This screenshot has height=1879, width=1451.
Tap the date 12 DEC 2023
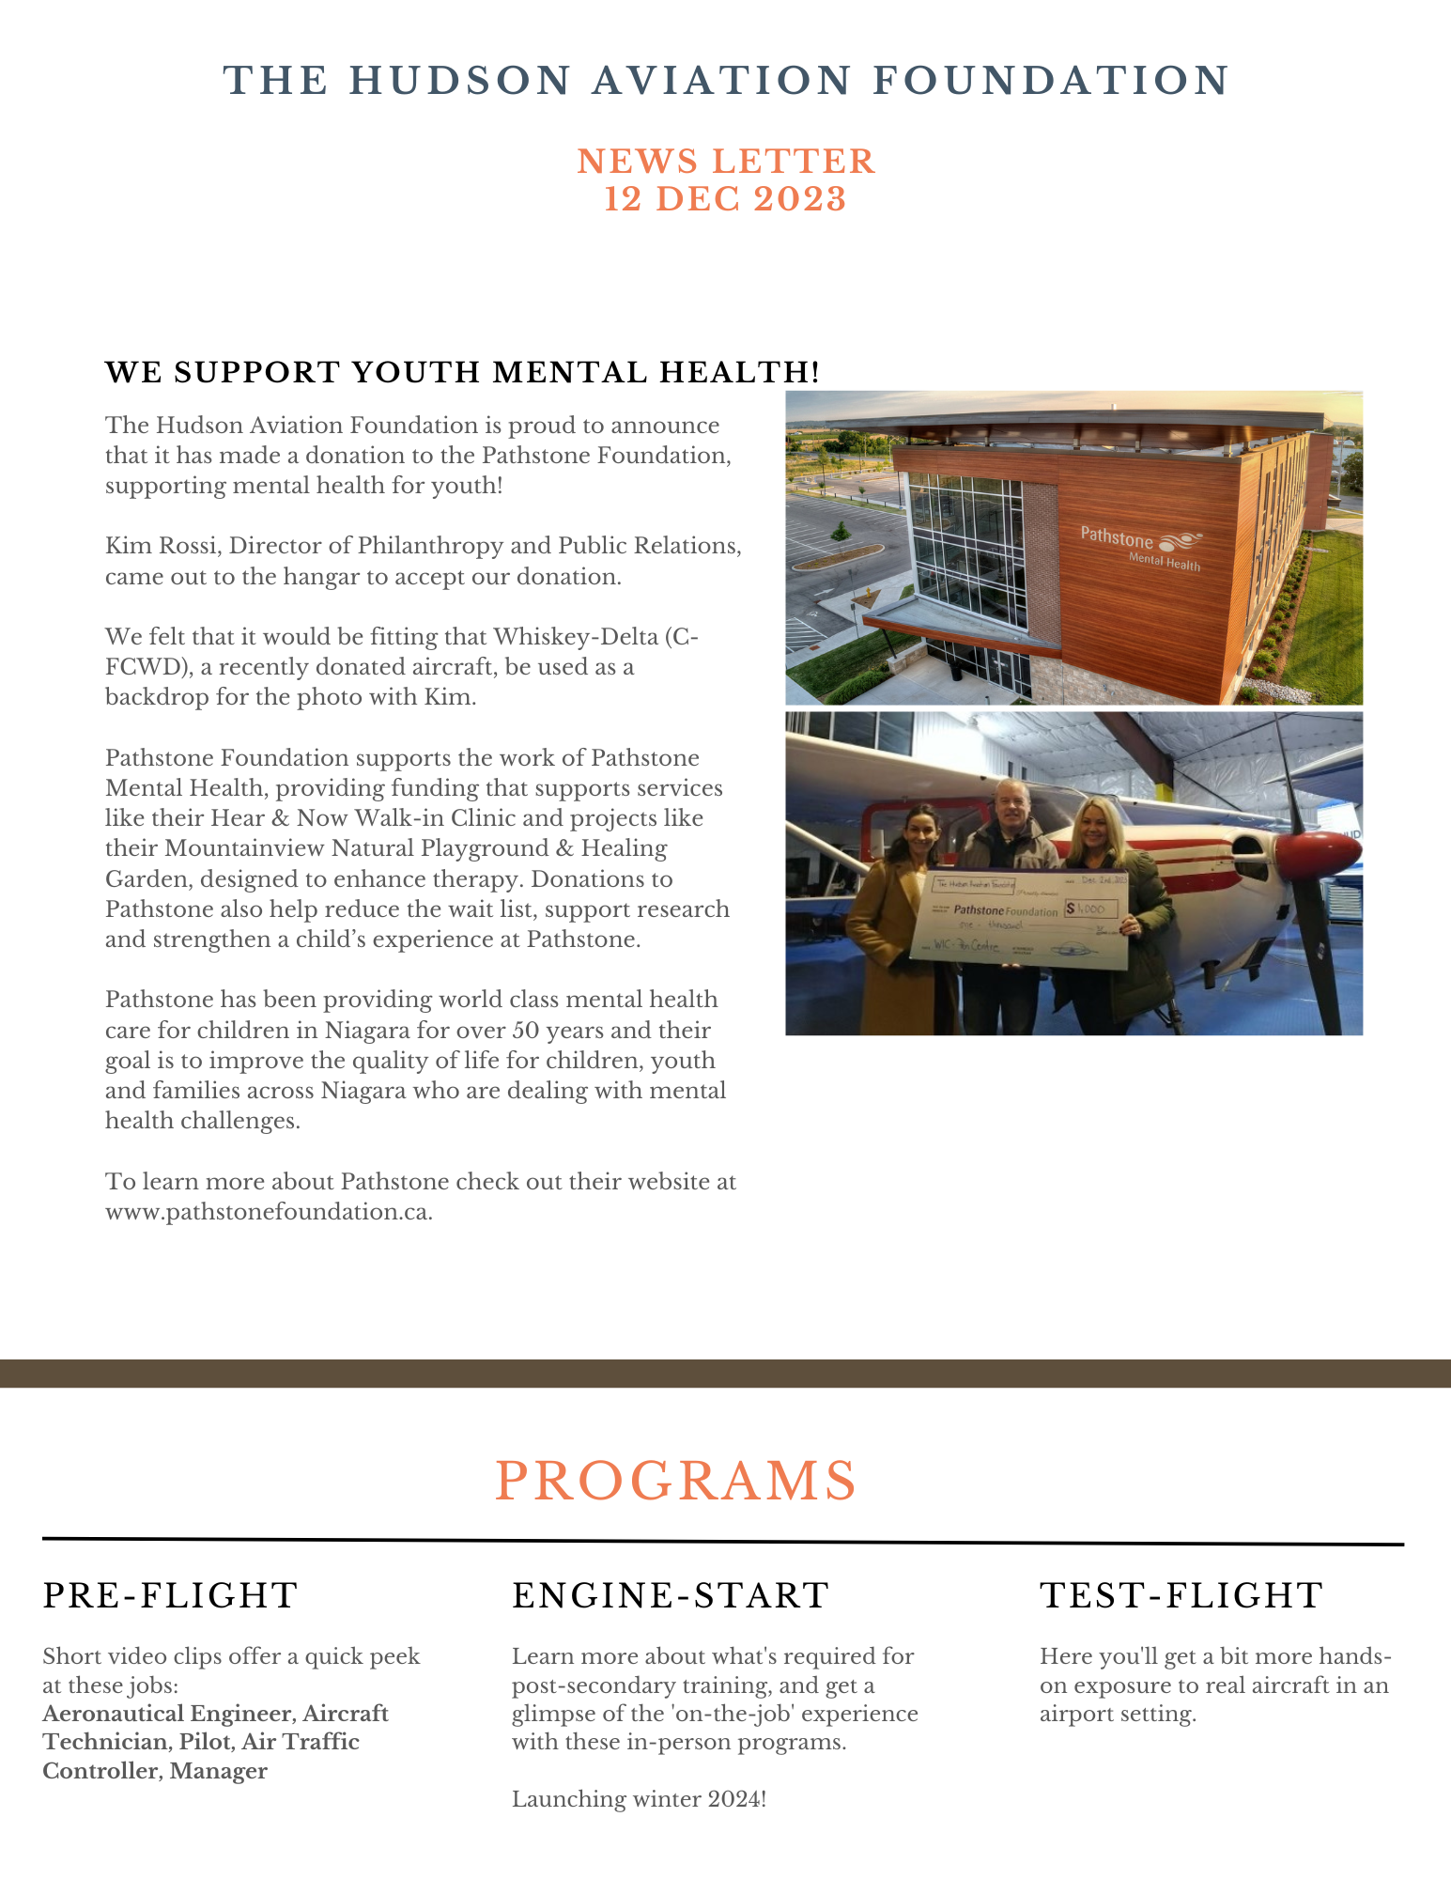pos(725,199)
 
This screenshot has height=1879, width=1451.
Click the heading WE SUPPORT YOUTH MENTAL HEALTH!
pos(462,372)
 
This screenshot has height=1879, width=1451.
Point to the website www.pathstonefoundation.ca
pos(269,1212)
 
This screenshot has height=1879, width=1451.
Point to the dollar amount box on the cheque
pos(1092,908)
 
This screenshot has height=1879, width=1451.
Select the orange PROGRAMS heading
pos(675,1482)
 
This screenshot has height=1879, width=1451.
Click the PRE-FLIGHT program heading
pos(170,1595)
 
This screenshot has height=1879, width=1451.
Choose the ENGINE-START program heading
pos(671,1595)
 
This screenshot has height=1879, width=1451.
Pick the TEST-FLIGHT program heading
pos(1181,1595)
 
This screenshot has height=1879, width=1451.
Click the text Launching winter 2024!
pos(639,1800)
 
